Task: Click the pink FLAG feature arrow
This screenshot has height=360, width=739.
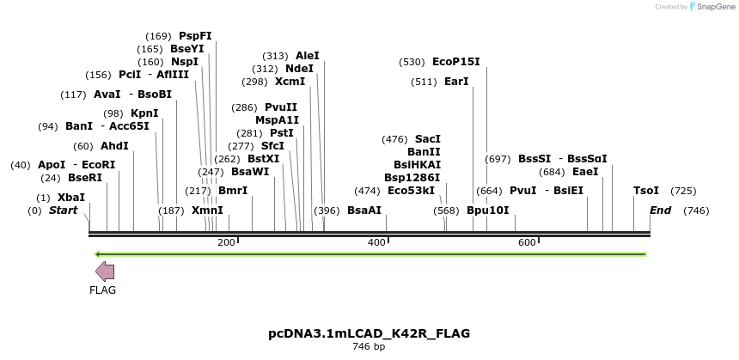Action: (105, 272)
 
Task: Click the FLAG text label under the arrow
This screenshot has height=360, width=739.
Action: (102, 290)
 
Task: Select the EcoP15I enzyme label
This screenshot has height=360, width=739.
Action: (456, 62)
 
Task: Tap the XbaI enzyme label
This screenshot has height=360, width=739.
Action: (71, 198)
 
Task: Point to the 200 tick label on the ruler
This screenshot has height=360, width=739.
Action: (226, 243)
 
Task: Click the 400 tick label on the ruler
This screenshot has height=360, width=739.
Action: (376, 243)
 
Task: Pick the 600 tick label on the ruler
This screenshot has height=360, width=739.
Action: (527, 243)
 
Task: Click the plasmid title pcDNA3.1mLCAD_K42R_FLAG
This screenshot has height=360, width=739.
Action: (369, 333)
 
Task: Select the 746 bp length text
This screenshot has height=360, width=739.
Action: (369, 347)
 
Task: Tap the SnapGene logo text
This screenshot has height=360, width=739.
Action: (715, 7)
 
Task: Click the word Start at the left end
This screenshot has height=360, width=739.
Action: (63, 211)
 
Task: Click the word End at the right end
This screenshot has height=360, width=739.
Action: (661, 211)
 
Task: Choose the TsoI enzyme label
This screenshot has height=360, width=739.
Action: (646, 191)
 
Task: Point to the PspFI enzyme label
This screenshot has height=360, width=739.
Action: (195, 36)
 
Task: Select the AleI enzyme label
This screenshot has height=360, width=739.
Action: (308, 56)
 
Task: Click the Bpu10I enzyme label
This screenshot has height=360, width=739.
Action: (488, 211)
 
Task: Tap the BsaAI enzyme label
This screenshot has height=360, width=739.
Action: (364, 211)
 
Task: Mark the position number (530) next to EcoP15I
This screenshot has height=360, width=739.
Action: (412, 62)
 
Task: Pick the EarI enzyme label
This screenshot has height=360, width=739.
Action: (456, 82)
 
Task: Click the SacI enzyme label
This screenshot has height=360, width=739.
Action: (428, 139)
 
